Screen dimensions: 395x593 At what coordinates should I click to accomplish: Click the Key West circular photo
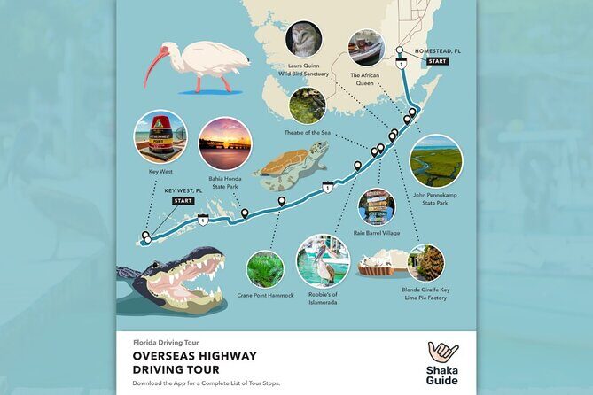(160, 137)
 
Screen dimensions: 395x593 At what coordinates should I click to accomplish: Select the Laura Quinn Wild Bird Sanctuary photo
(304, 38)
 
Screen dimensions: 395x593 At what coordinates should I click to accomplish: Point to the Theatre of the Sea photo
(307, 104)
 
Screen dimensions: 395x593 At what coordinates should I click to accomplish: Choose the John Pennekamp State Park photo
(435, 160)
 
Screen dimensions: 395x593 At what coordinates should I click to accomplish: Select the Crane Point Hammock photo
(265, 268)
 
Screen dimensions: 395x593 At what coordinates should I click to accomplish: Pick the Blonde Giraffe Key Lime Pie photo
(425, 263)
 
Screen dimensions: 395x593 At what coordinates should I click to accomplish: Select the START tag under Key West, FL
(183, 201)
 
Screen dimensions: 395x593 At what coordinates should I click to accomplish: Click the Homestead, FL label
(432, 50)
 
